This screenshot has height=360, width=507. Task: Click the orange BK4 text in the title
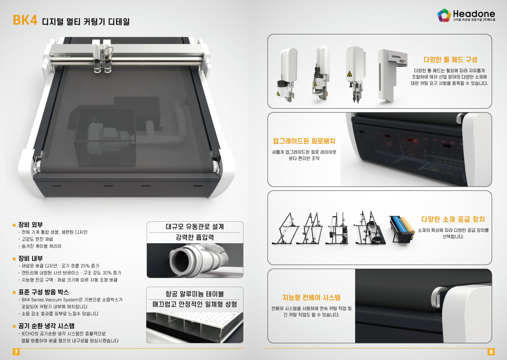click(25, 20)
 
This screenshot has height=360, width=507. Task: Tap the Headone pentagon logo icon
click(444, 15)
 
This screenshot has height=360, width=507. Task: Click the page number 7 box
click(16, 352)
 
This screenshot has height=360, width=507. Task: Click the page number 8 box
click(491, 352)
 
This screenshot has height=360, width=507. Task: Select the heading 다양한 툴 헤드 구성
click(450, 60)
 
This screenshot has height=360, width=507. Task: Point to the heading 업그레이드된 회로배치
click(304, 141)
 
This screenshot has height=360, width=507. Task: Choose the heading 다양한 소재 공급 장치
click(453, 219)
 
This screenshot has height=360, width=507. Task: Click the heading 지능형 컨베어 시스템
click(311, 297)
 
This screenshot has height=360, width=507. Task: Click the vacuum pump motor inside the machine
click(107, 136)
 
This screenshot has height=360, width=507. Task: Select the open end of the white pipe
click(180, 260)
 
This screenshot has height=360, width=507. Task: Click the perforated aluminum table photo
click(194, 328)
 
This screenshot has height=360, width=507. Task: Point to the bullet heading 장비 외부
click(30, 225)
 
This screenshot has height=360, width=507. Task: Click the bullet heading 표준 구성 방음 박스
click(44, 292)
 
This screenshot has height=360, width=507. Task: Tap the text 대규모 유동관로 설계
click(195, 227)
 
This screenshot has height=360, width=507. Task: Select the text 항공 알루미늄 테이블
click(194, 294)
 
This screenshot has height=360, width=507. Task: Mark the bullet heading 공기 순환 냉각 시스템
click(46, 326)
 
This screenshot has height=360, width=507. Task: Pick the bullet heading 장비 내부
click(30, 258)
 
